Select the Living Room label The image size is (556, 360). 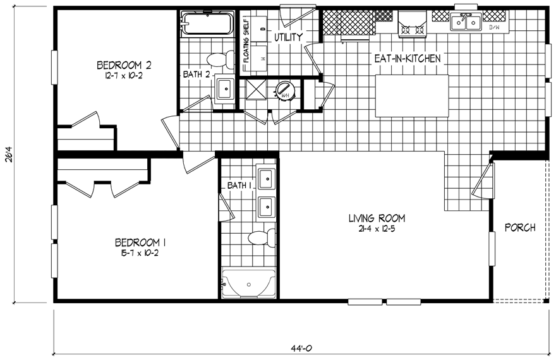pyautogui.click(x=377, y=219)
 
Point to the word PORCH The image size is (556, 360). pyautogui.click(x=521, y=227)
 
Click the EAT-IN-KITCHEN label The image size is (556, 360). pyautogui.click(x=407, y=58)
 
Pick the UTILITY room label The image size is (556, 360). pyautogui.click(x=288, y=37)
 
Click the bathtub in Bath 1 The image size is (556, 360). pyautogui.click(x=248, y=285)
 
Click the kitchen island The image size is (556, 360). pyautogui.click(x=413, y=95)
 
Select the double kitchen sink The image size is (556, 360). pyautogui.click(x=466, y=23)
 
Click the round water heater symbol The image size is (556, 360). pyautogui.click(x=284, y=90)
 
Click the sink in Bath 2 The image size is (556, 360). pyautogui.click(x=226, y=89)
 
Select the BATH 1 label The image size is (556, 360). pyautogui.click(x=239, y=185)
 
